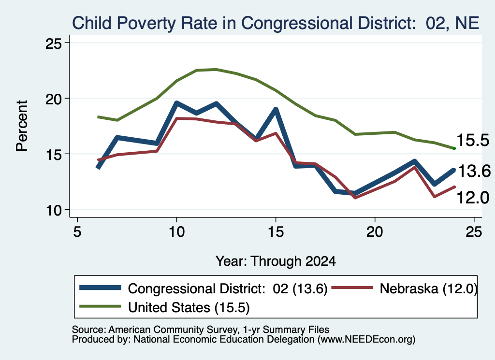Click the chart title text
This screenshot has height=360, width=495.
point(276,23)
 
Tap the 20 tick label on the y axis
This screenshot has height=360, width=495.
point(53,99)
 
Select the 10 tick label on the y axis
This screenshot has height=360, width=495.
point(53,210)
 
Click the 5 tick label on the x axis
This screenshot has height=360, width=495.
point(77,232)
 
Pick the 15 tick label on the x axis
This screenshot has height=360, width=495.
point(276,232)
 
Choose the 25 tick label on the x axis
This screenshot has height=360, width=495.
point(474,232)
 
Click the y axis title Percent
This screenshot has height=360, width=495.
point(22,126)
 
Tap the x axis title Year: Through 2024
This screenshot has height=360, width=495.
point(276,261)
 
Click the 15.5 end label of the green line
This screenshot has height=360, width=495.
point(473,140)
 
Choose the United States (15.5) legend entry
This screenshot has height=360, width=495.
point(164,307)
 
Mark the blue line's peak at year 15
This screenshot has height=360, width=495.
point(276,110)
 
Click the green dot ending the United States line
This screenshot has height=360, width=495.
point(454,148)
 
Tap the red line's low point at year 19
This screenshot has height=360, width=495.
point(355,198)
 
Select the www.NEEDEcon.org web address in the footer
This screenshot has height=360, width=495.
point(366,340)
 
